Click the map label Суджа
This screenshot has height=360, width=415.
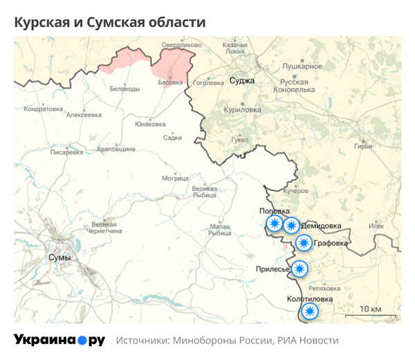242,80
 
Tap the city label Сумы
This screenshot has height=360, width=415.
59,257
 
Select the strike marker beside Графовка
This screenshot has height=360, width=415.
304,243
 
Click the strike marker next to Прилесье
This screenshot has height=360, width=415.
299,269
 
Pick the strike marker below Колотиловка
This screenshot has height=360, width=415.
311,311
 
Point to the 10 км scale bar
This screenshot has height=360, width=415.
370,315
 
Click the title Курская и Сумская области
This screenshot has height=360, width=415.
110,23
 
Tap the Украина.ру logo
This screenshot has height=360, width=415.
59,341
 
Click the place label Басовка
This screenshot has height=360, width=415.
170,82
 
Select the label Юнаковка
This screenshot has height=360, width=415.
151,124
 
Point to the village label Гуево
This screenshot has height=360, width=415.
239,140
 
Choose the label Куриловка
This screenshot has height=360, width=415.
242,110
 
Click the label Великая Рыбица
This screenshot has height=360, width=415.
205,191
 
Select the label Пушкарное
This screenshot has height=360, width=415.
302,66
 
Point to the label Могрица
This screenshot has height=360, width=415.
175,178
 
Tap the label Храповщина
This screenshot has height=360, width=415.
116,149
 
